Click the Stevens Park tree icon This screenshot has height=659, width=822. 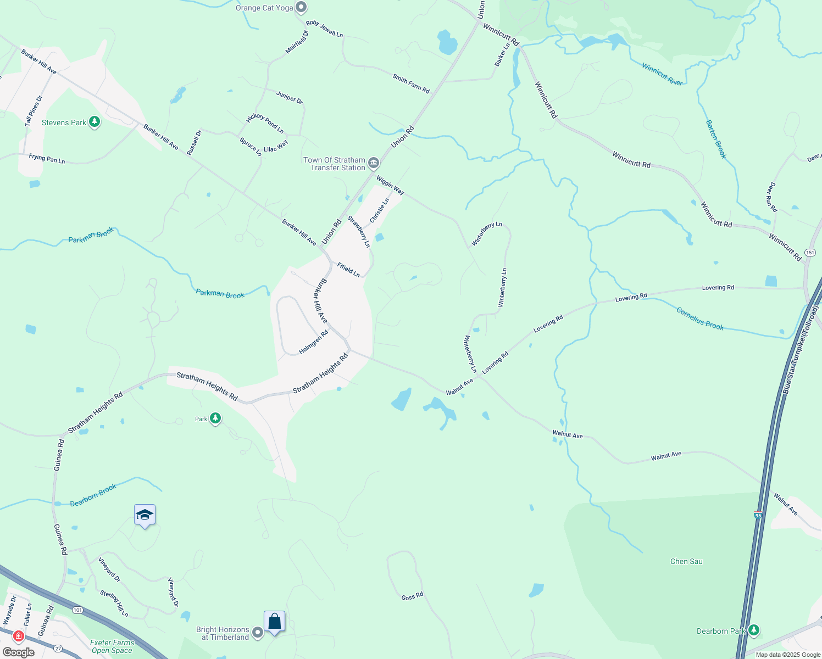coord(95,122)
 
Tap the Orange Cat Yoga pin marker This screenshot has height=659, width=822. coord(301,8)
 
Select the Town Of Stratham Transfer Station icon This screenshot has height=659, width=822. coord(374,163)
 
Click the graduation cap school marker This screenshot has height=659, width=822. coord(145,515)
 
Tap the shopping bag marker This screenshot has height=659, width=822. coord(274,622)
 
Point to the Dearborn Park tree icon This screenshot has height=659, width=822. coord(754,630)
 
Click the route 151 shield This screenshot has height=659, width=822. coord(810,253)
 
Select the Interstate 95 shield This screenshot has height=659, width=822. coord(758,515)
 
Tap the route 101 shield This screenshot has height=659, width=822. coord(77,610)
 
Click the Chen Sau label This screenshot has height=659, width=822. coord(686,561)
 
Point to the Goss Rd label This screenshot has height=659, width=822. coord(412,596)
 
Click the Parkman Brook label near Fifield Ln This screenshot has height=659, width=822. coord(220,294)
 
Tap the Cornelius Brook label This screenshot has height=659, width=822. coord(700,319)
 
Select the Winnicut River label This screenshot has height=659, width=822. coord(662,74)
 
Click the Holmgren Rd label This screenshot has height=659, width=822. coord(313,342)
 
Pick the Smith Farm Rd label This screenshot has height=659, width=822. coord(411,83)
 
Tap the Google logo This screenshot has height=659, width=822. coord(18,652)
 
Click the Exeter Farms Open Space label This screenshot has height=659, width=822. coord(112,646)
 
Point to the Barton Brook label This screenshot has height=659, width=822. coord(716,139)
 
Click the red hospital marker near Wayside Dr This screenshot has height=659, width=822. coord(19,636)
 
